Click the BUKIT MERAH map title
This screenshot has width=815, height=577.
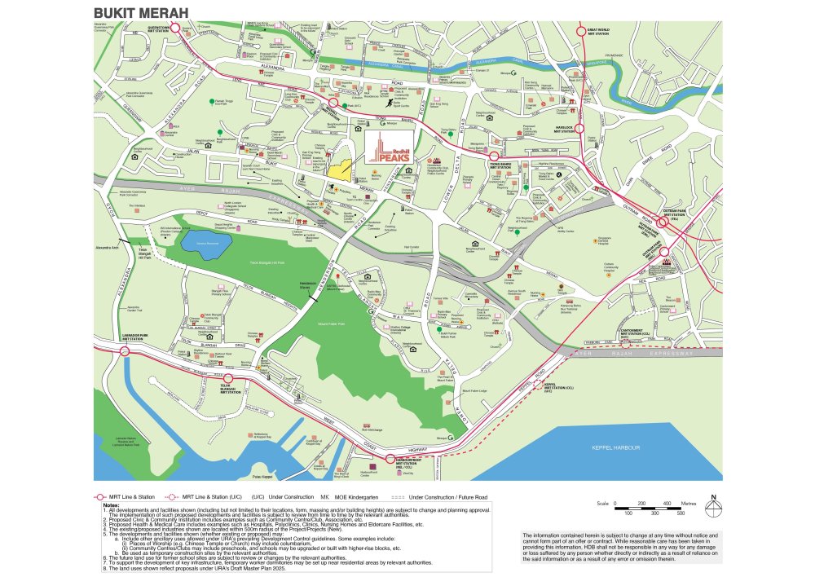[x=141, y=13]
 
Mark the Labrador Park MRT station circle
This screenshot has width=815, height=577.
[x=125, y=352]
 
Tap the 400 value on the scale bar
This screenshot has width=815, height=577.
[x=667, y=503]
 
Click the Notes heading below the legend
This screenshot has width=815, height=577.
[x=111, y=505]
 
